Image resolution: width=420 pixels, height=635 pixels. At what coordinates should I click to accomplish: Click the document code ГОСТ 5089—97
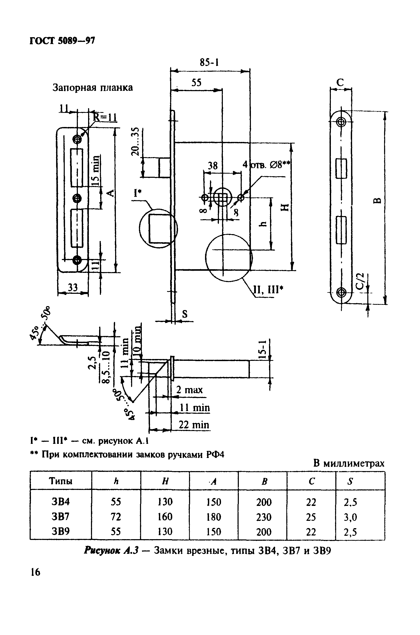62,41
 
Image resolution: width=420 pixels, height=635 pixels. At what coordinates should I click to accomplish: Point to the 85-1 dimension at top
209,62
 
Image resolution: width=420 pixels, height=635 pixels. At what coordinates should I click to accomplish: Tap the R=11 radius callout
105,117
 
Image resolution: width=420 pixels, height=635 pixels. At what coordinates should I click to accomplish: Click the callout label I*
138,192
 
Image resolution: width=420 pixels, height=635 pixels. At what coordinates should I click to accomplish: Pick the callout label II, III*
268,289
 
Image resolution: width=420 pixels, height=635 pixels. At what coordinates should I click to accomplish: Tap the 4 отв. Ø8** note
267,164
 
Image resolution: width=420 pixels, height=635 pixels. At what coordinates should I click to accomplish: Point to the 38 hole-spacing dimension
213,165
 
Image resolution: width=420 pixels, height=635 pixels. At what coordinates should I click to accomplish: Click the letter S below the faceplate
185,314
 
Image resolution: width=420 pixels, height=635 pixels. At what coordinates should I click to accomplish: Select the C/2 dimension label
360,281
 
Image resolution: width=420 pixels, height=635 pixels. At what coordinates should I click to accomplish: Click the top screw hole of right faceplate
341,122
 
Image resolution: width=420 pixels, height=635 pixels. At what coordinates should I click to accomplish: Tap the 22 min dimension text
194,425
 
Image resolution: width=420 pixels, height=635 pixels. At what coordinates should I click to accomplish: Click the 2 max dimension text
189,390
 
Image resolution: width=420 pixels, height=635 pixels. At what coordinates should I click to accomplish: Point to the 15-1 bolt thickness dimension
263,349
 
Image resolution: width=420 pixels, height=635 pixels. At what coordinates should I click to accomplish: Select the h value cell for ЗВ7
116,517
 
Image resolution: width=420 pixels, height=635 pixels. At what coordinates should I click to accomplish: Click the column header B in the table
264,482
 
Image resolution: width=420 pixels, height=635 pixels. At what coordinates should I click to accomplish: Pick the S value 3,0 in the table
350,517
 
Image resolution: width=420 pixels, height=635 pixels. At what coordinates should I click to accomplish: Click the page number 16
35,572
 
